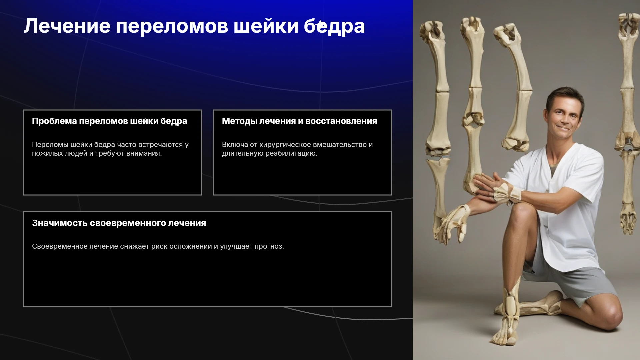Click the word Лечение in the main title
[x=67, y=26]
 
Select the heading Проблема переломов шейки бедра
[x=109, y=121]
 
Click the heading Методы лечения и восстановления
[x=299, y=121]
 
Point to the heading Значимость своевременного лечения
[x=119, y=223]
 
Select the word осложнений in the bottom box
[x=193, y=246]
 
